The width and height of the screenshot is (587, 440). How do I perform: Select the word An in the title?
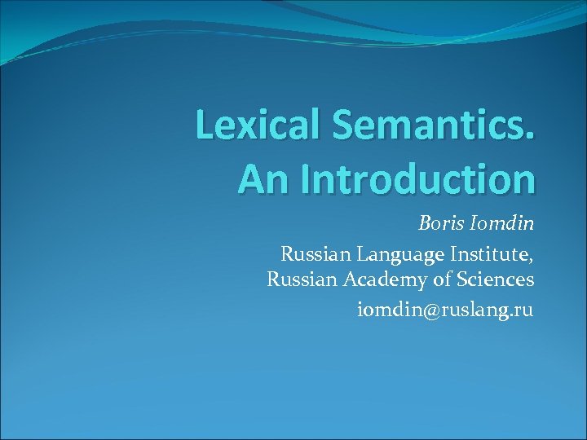click(x=259, y=178)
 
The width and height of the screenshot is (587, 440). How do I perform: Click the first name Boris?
click(x=441, y=223)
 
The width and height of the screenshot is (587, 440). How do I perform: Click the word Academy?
click(x=381, y=281)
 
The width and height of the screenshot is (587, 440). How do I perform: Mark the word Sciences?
click(x=495, y=280)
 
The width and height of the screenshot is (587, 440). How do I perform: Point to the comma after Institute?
click(x=532, y=260)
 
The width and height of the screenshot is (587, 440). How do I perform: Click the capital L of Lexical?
click(x=205, y=126)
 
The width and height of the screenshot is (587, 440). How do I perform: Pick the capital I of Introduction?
click(x=306, y=178)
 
